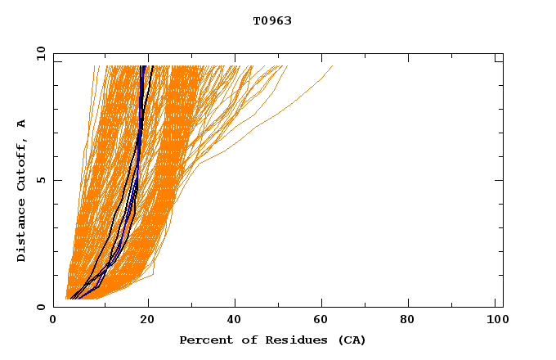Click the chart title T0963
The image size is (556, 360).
point(272,20)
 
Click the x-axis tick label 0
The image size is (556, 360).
point(53,320)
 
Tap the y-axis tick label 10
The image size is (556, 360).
point(39,53)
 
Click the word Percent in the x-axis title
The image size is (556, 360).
point(202,340)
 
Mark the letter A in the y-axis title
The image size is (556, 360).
point(21,124)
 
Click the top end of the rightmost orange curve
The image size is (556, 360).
point(333,66)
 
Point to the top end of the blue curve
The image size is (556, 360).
point(143,66)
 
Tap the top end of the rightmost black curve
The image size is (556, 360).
point(153,66)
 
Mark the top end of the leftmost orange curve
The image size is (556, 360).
point(95,66)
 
